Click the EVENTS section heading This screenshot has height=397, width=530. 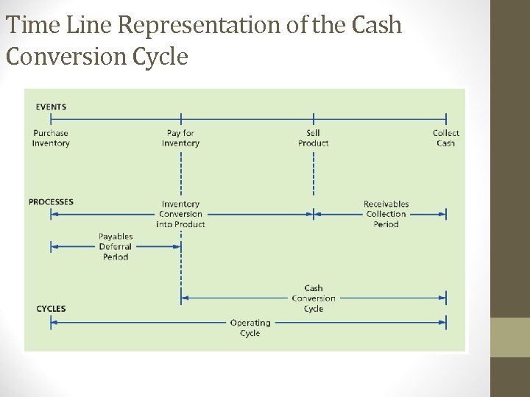[x=51, y=107]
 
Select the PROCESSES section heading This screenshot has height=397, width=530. [x=51, y=201]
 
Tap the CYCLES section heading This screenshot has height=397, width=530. [x=51, y=309]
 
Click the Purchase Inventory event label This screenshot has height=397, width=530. [x=51, y=138]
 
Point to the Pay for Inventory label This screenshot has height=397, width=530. [x=180, y=138]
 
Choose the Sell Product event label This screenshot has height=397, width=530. [x=314, y=138]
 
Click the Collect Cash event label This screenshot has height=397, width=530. [x=445, y=138]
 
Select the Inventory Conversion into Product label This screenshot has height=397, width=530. [x=180, y=214]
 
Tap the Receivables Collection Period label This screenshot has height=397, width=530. [x=386, y=214]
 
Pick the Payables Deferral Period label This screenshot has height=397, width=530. [x=116, y=247]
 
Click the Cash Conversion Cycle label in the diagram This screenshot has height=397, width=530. [x=314, y=298]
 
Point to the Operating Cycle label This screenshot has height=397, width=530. [x=250, y=328]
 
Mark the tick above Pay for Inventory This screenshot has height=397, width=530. [x=180, y=118]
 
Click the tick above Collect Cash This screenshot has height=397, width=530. [x=445, y=118]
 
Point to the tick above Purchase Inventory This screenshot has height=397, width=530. [x=51, y=118]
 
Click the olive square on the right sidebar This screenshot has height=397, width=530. [x=510, y=337]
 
